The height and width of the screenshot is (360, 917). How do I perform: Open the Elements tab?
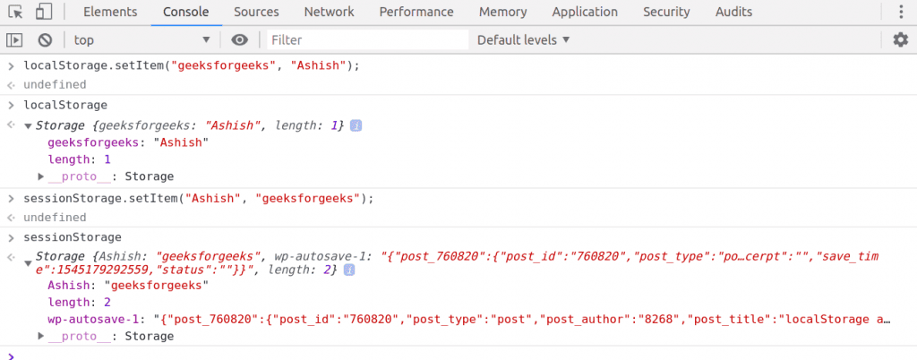(110, 12)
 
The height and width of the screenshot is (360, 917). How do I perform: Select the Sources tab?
(256, 12)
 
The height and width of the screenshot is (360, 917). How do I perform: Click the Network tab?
(329, 12)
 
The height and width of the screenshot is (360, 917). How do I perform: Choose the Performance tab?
(416, 12)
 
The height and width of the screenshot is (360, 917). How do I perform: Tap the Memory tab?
(502, 12)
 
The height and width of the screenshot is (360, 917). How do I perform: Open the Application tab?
(585, 12)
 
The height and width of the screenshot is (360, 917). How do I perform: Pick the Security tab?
(666, 12)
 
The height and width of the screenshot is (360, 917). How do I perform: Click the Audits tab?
(733, 12)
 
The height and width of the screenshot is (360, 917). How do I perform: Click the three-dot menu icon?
(901, 12)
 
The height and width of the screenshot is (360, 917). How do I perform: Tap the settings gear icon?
(900, 39)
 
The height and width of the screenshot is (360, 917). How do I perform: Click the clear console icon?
(45, 39)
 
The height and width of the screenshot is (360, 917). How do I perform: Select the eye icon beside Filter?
(239, 39)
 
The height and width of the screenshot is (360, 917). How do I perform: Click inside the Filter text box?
(368, 39)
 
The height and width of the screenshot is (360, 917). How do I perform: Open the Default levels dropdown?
(523, 39)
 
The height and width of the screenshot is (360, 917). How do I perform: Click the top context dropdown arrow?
(206, 39)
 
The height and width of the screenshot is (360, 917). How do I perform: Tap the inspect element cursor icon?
(16, 12)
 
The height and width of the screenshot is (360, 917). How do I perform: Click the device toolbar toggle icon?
(43, 12)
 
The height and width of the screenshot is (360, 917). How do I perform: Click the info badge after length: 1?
(356, 125)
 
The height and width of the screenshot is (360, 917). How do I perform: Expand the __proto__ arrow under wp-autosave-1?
(41, 336)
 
